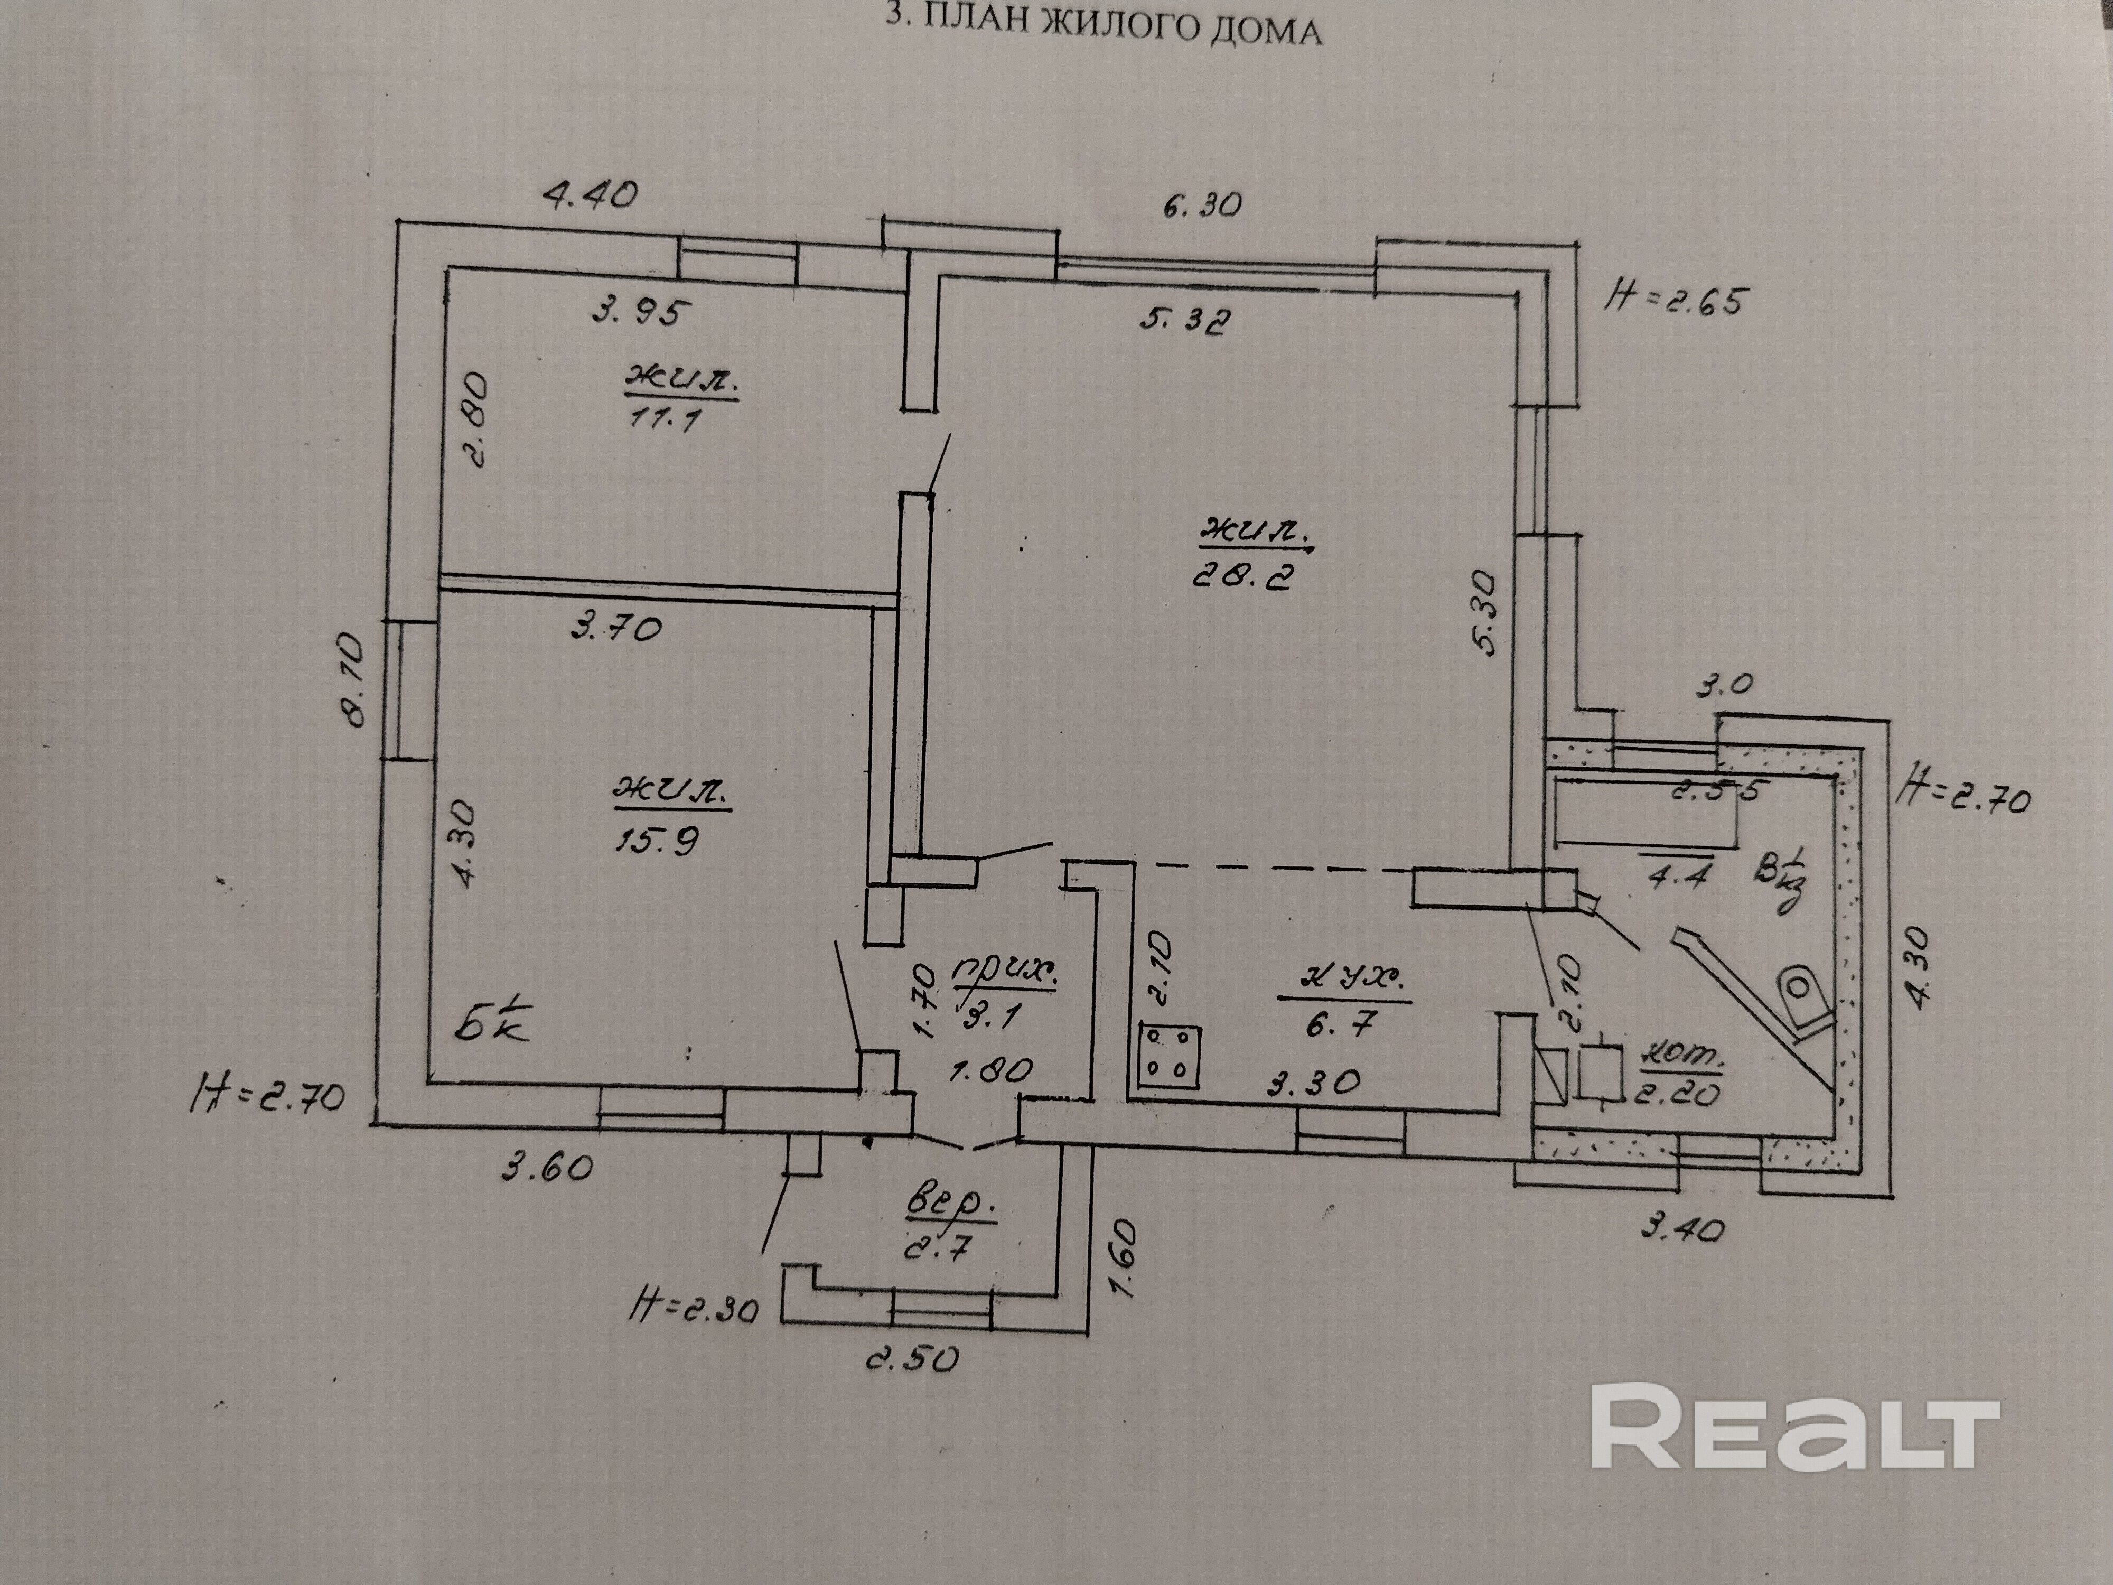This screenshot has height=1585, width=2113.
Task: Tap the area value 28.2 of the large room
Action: click(x=1242, y=576)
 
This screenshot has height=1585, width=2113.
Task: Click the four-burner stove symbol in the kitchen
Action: click(x=1168, y=1057)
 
